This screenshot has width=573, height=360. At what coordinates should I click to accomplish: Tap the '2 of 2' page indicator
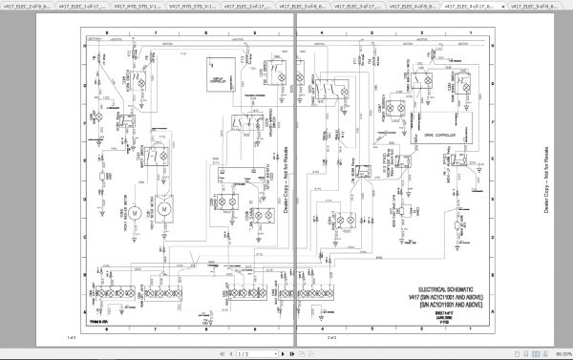(331, 337)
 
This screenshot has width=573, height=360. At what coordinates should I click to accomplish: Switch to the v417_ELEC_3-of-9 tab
(335, 7)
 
